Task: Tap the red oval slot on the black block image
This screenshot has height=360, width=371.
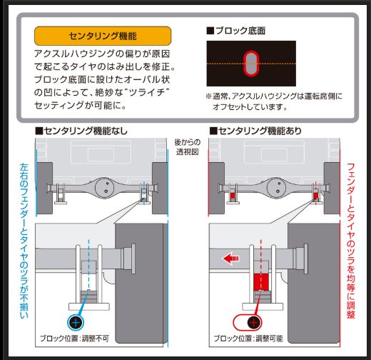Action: [250, 64]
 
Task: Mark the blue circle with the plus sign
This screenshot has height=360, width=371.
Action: [77, 323]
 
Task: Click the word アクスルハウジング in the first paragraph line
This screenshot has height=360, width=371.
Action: [76, 54]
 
